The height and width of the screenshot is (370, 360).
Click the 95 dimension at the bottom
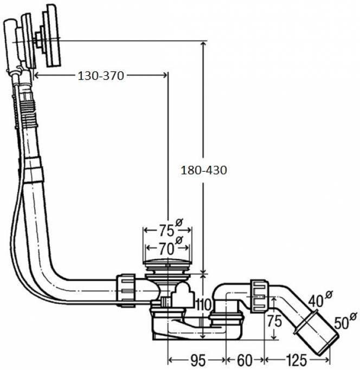198,360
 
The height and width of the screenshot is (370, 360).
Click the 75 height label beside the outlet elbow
275,320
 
